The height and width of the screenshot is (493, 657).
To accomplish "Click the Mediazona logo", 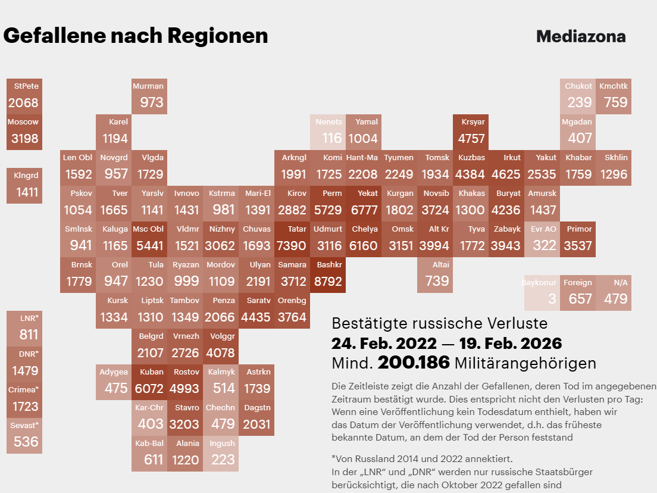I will tap(580, 36).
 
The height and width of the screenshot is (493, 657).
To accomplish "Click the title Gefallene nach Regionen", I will tap(136, 36).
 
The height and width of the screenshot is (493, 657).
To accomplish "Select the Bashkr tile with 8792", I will tap(328, 274).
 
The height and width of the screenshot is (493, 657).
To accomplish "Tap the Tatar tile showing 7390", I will tap(292, 239).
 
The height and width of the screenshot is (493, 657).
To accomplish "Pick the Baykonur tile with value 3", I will tap(542, 292).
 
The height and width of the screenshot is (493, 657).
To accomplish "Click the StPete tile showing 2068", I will tap(24, 96).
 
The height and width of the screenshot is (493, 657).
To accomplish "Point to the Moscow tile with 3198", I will tap(24, 132).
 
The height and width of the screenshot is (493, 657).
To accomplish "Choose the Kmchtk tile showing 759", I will tap(614, 96).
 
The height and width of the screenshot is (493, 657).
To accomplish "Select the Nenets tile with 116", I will tap(328, 132).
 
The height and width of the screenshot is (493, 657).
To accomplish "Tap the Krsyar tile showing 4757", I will tap(471, 132).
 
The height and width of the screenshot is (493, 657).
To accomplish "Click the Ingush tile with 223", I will tap(221, 453).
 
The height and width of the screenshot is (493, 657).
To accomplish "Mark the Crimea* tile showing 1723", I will tap(24, 400).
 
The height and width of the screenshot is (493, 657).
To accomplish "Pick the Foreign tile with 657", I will tap(578, 292).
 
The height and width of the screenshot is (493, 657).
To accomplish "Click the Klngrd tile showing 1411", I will tap(24, 185).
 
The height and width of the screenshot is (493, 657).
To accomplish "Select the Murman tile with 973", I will tap(149, 96).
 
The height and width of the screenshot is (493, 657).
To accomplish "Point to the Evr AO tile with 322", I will tap(542, 239).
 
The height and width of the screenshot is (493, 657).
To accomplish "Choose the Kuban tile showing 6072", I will tap(149, 382).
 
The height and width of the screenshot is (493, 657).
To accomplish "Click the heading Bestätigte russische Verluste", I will tap(439, 323).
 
